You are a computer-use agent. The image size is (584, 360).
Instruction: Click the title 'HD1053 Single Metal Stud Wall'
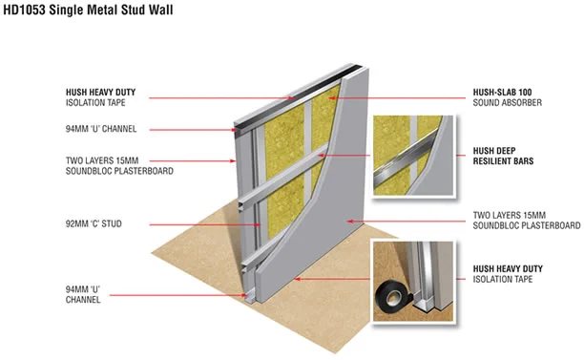(x=88, y=11)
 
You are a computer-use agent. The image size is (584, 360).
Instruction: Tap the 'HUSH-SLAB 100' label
(x=503, y=92)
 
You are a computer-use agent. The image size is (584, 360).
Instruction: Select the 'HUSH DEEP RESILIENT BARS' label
(x=503, y=157)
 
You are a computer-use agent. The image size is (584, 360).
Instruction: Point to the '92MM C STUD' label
(x=94, y=224)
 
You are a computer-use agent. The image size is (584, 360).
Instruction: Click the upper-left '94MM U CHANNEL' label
(x=101, y=129)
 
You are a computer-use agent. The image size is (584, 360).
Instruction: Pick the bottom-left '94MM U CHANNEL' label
(x=83, y=294)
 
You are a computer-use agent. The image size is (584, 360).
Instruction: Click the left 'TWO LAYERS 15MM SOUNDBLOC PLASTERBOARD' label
(x=119, y=166)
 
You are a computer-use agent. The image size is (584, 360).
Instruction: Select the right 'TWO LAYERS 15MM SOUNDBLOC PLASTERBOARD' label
(x=527, y=221)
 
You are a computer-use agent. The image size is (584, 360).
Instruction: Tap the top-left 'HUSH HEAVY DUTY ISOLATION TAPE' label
(x=100, y=97)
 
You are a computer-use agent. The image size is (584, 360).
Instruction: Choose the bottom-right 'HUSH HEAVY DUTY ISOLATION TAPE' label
(x=508, y=274)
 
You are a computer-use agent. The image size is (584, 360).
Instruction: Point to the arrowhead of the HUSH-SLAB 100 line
(x=332, y=98)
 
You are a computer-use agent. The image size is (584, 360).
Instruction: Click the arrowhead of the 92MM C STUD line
(x=257, y=224)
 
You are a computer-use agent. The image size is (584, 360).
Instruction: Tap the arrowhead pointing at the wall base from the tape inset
(x=297, y=279)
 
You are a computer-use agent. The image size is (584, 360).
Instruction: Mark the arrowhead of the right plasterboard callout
(x=350, y=222)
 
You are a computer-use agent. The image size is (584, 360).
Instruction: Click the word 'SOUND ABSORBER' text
(x=508, y=102)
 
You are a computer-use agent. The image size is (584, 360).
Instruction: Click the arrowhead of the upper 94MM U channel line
(x=234, y=130)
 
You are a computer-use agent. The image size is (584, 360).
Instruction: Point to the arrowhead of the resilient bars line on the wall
(x=321, y=156)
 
